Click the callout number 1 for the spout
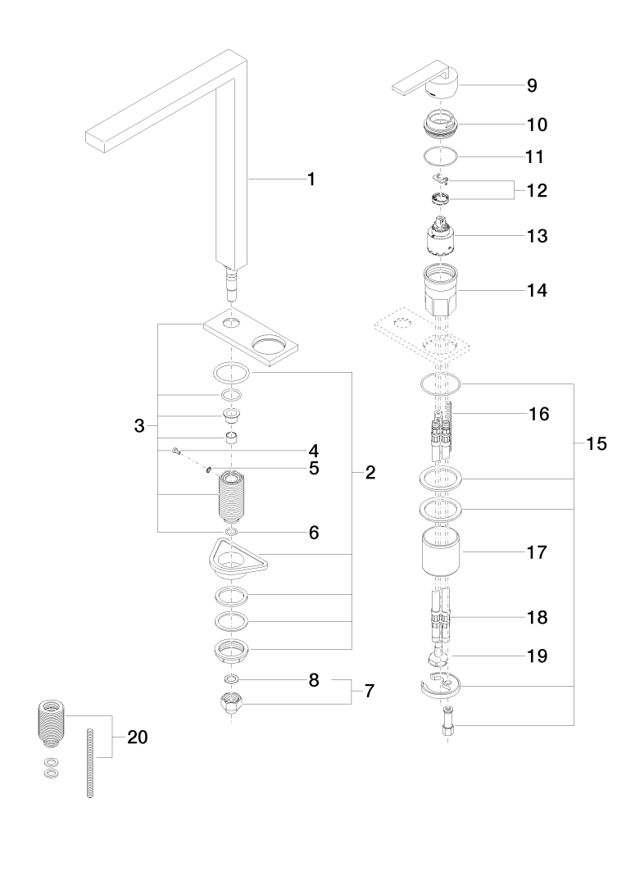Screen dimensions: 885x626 pos(311,178)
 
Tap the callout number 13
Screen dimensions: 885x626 pos(538,236)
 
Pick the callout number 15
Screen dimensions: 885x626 pos(596,444)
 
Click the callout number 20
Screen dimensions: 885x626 pos(136,737)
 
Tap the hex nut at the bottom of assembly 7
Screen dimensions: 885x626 pos(233,702)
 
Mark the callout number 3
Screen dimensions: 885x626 pos(139,425)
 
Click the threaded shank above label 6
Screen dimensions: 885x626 pos(233,497)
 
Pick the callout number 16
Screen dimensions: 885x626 pos(538,414)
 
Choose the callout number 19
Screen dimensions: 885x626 pos(538,656)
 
